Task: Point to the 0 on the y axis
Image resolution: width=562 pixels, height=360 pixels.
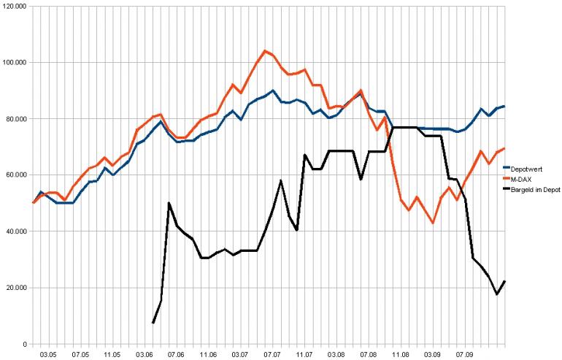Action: pyautogui.click(x=26, y=344)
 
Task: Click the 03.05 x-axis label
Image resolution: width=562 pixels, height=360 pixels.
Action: pyautogui.click(x=48, y=354)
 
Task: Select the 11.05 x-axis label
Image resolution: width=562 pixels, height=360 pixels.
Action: pyautogui.click(x=112, y=354)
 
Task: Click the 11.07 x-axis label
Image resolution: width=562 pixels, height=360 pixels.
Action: pyautogui.click(x=304, y=354)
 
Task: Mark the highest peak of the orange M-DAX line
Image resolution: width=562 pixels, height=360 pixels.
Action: pyautogui.click(x=265, y=50)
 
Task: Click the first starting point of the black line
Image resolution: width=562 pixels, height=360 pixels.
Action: pyautogui.click(x=153, y=323)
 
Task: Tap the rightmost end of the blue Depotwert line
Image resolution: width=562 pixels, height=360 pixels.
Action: pyautogui.click(x=504, y=107)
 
